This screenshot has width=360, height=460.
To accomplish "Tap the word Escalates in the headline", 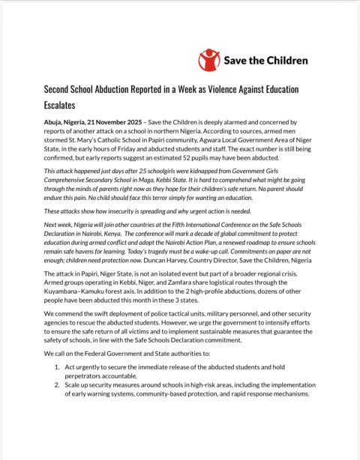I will (66, 106).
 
